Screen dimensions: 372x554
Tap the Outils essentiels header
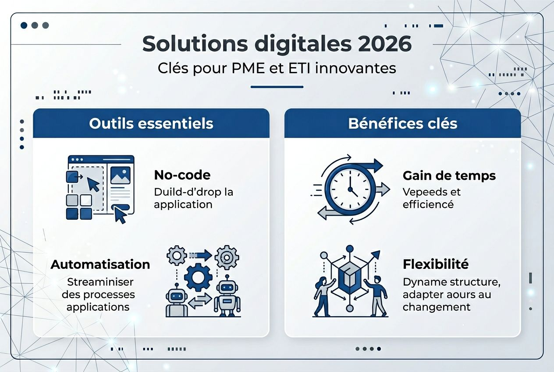(151, 123)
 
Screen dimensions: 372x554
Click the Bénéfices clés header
(403, 123)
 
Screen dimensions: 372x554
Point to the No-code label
(182, 175)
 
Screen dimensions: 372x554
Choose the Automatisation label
(100, 264)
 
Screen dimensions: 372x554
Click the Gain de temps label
(449, 175)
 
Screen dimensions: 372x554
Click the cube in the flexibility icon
(349, 279)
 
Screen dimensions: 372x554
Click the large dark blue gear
(198, 276)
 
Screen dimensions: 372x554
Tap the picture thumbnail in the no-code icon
(120, 175)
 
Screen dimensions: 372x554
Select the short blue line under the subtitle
(277, 87)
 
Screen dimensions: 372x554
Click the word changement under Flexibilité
(437, 307)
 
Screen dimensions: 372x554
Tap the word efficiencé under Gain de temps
(428, 204)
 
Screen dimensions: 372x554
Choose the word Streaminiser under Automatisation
(100, 282)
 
